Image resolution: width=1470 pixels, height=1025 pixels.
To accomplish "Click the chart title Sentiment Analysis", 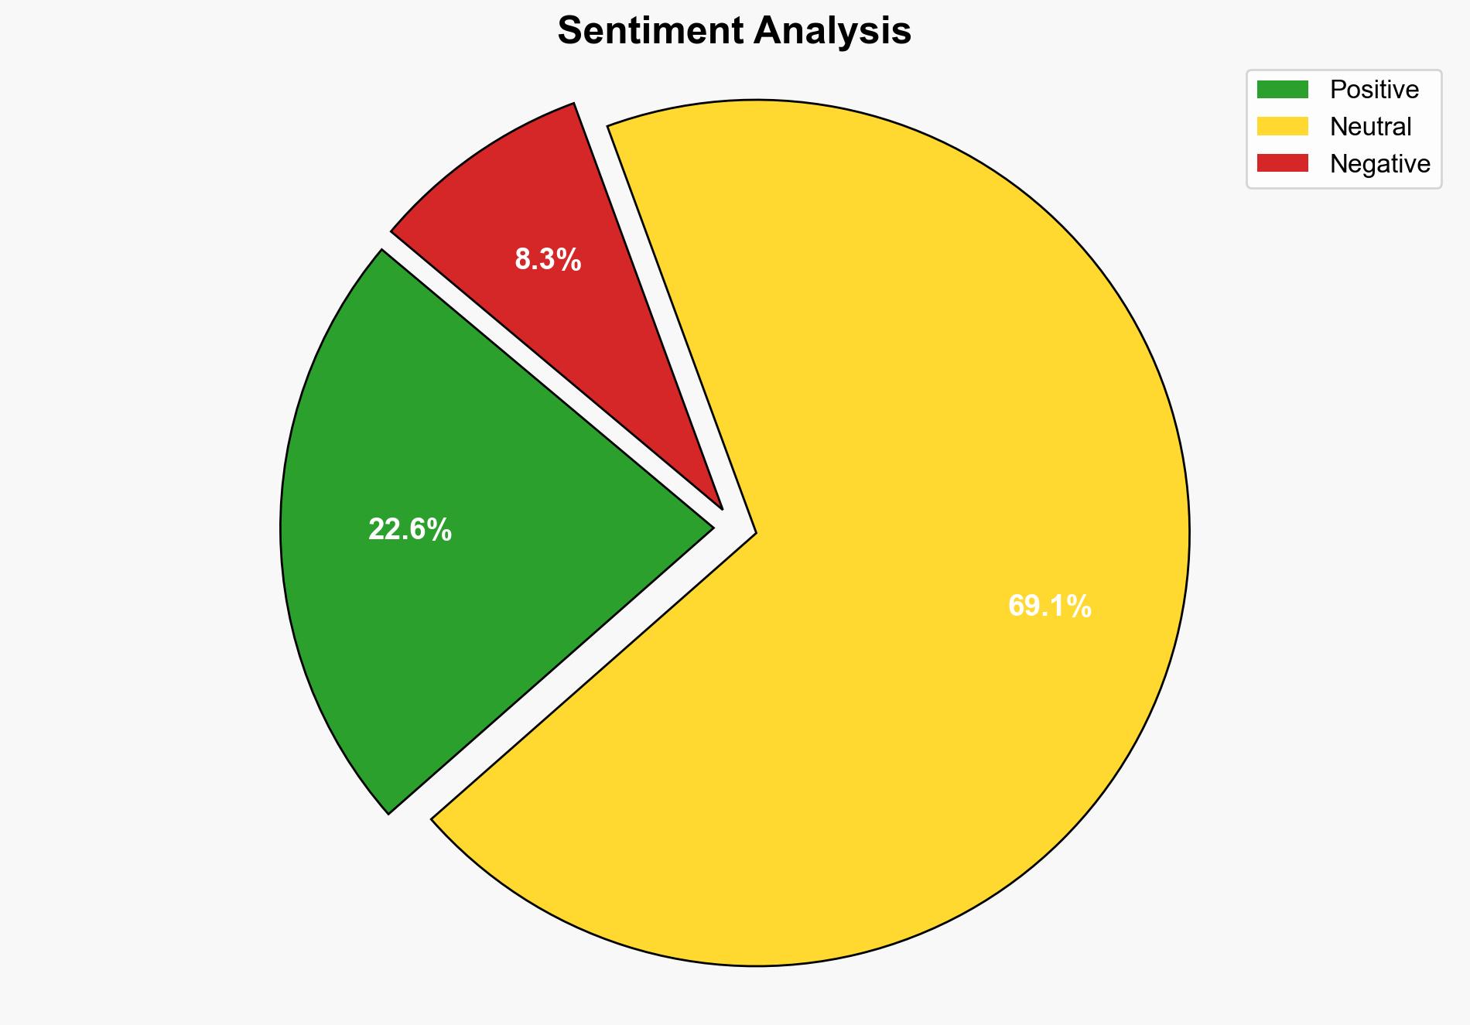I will tap(734, 32).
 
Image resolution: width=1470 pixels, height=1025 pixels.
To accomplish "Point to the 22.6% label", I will tap(409, 530).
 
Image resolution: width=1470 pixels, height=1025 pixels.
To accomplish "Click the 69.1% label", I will tap(1049, 606).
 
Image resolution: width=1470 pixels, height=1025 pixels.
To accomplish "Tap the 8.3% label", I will tap(548, 260).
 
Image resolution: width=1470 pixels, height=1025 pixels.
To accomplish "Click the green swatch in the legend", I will tap(1282, 90).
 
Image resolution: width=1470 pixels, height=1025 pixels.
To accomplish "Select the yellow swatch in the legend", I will tap(1282, 126).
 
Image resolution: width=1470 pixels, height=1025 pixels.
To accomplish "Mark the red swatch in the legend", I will tap(1282, 163).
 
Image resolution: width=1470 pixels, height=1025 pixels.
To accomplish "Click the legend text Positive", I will tap(1374, 90).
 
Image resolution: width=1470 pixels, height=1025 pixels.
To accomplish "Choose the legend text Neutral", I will tap(1370, 126).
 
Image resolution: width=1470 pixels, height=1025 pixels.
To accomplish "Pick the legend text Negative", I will tap(1379, 163).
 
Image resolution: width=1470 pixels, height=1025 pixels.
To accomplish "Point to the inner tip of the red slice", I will tap(721, 507).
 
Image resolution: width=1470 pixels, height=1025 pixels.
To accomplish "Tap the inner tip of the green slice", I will tap(711, 529).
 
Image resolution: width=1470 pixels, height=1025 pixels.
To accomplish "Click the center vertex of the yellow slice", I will tap(754, 533).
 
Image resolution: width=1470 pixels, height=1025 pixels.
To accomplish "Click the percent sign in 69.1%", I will tap(1080, 606).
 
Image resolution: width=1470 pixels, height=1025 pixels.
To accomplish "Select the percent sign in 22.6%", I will tap(440, 530).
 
